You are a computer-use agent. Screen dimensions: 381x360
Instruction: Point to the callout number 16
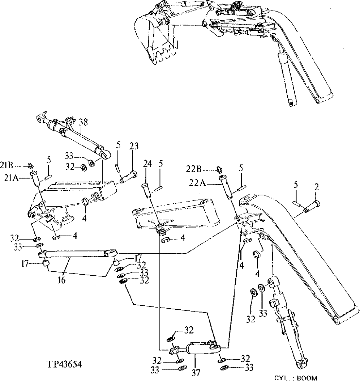pos(62,280)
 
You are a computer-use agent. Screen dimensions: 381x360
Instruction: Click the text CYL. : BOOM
pos(295,378)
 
